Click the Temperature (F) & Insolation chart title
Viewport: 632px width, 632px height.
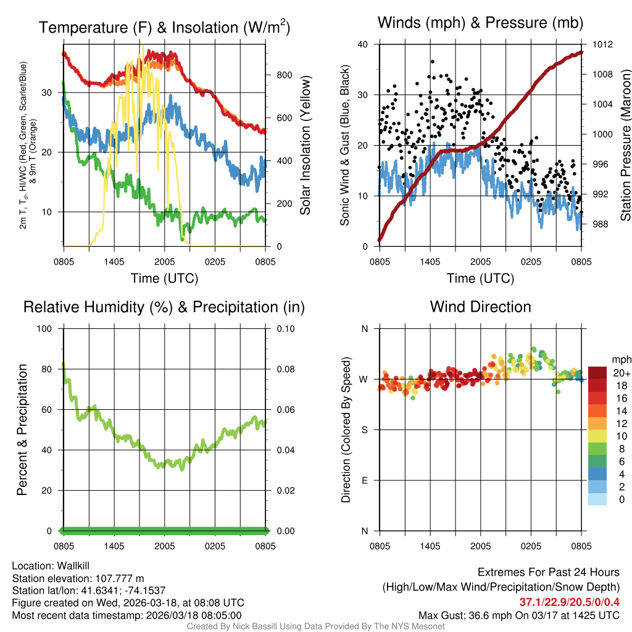[x=164, y=27]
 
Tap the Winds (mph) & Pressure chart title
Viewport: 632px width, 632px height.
[x=480, y=23]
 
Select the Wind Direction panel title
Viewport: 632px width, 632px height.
[x=480, y=307]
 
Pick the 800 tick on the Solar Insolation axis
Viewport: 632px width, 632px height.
[x=284, y=75]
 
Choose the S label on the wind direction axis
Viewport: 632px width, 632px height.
[x=364, y=430]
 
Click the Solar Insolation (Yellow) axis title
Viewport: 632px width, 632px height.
[x=305, y=146]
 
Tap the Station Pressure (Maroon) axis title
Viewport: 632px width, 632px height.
[x=625, y=146]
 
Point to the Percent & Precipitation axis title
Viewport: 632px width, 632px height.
[x=22, y=430]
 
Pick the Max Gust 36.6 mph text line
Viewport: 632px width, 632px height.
[x=518, y=615]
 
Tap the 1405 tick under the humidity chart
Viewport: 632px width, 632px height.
[x=114, y=546]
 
